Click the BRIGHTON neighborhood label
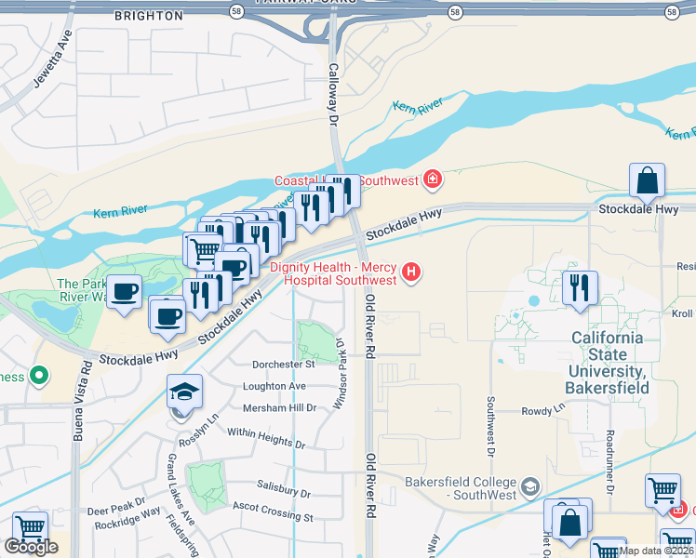148,16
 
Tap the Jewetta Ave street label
52,59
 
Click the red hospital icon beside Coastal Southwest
432,177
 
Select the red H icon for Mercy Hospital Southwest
412,272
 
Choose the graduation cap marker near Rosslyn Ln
184,392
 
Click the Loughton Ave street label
274,386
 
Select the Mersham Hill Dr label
278,407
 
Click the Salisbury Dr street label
283,493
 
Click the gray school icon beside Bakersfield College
529,485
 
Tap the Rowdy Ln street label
544,408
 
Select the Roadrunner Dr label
610,461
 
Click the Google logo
31,547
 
